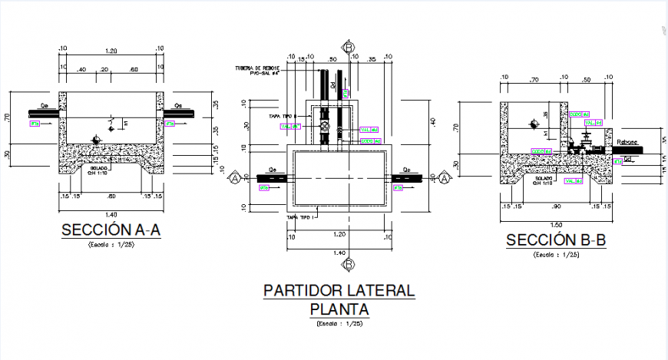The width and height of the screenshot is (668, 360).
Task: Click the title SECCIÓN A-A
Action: pos(111,230)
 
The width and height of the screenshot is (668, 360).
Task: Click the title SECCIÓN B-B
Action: pos(556,240)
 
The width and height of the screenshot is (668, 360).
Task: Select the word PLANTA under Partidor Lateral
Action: pos(339,309)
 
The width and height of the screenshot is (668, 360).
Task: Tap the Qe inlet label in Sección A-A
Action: pos(44,107)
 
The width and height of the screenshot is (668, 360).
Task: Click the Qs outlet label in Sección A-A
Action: pos(178,107)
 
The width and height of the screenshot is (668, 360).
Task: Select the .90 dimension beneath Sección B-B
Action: pos(556,206)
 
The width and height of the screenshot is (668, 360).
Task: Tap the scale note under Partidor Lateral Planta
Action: pos(339,325)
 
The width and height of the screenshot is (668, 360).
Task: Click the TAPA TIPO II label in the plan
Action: pos(282,116)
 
